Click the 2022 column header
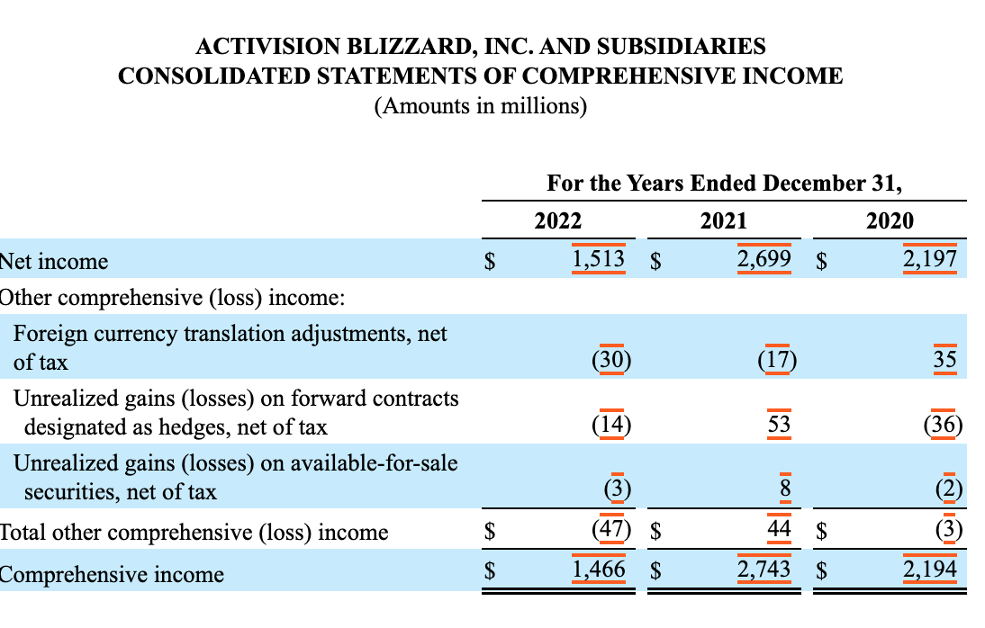(x=558, y=221)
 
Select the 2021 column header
(x=724, y=221)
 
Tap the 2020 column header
(x=890, y=221)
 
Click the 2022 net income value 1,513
(x=598, y=259)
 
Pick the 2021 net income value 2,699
(x=764, y=259)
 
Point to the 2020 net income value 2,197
(x=930, y=259)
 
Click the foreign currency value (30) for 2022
(x=611, y=360)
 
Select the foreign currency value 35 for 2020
(x=944, y=359)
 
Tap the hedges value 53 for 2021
(x=779, y=424)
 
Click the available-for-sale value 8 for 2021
(x=785, y=488)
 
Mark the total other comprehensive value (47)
(x=611, y=529)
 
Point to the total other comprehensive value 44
(x=779, y=528)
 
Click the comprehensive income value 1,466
(x=598, y=569)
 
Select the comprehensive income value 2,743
(x=764, y=569)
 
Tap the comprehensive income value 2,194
(x=930, y=569)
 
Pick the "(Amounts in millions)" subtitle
(x=481, y=105)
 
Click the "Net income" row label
(x=54, y=261)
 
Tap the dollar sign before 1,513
(x=490, y=261)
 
